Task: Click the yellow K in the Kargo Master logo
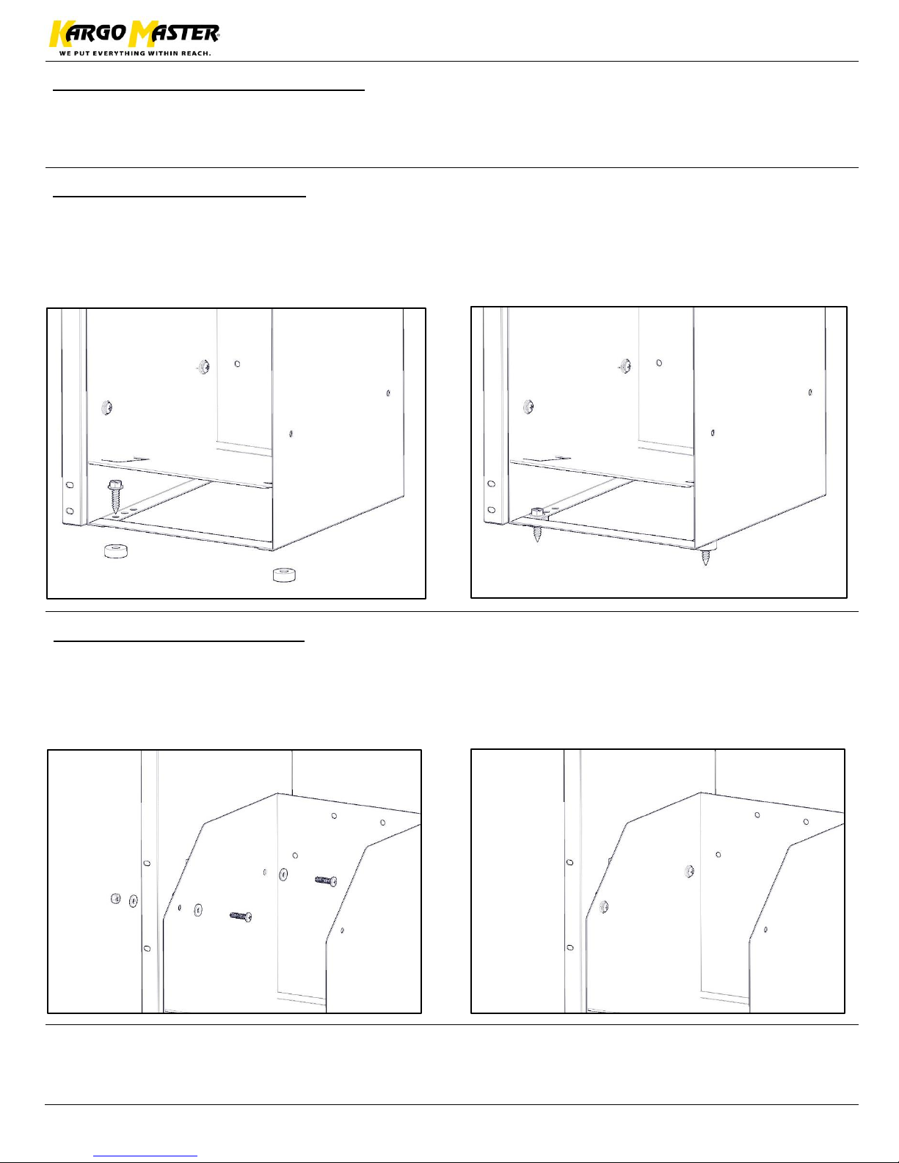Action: (58, 34)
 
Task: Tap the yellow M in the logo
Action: (141, 34)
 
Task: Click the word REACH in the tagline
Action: (195, 54)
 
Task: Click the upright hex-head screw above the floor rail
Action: (115, 496)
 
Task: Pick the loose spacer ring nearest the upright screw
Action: (116, 551)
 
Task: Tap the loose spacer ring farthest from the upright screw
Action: (284, 575)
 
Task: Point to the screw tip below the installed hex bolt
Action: (537, 534)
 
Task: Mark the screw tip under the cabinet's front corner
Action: (706, 558)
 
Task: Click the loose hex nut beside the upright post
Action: (115, 899)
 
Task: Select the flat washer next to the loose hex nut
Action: (134, 901)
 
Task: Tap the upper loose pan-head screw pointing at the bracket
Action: (326, 880)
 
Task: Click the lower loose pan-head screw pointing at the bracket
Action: (241, 916)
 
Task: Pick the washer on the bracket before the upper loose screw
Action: (283, 875)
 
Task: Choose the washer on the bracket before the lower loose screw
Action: (198, 910)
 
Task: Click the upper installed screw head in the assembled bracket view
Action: (689, 872)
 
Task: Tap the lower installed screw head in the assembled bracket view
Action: (604, 907)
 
